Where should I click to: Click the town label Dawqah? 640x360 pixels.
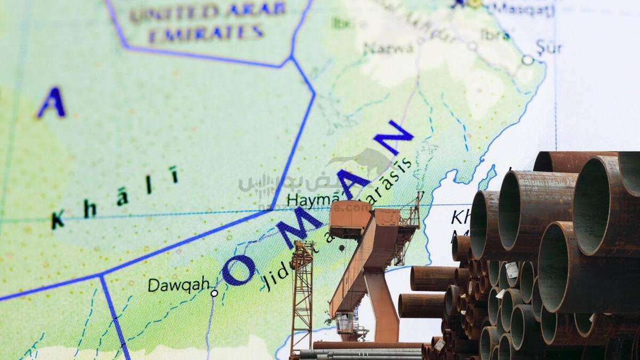[178, 285]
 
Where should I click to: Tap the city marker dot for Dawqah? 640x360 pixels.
[214, 293]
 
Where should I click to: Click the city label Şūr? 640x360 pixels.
[549, 48]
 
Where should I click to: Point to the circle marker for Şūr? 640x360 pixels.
[527, 60]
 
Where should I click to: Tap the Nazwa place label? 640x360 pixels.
[388, 48]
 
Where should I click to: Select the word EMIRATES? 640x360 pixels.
[206, 33]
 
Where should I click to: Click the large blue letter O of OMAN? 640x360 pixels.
[238, 270]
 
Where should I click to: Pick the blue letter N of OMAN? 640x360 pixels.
[393, 137]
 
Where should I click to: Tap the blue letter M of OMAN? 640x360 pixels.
[299, 227]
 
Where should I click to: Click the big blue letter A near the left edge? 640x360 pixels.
[52, 102]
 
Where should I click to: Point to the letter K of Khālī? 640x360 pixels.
[58, 219]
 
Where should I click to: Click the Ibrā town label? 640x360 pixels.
[495, 35]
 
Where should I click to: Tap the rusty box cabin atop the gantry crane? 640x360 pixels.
[350, 219]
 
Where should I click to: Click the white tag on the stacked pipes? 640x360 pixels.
[512, 270]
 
